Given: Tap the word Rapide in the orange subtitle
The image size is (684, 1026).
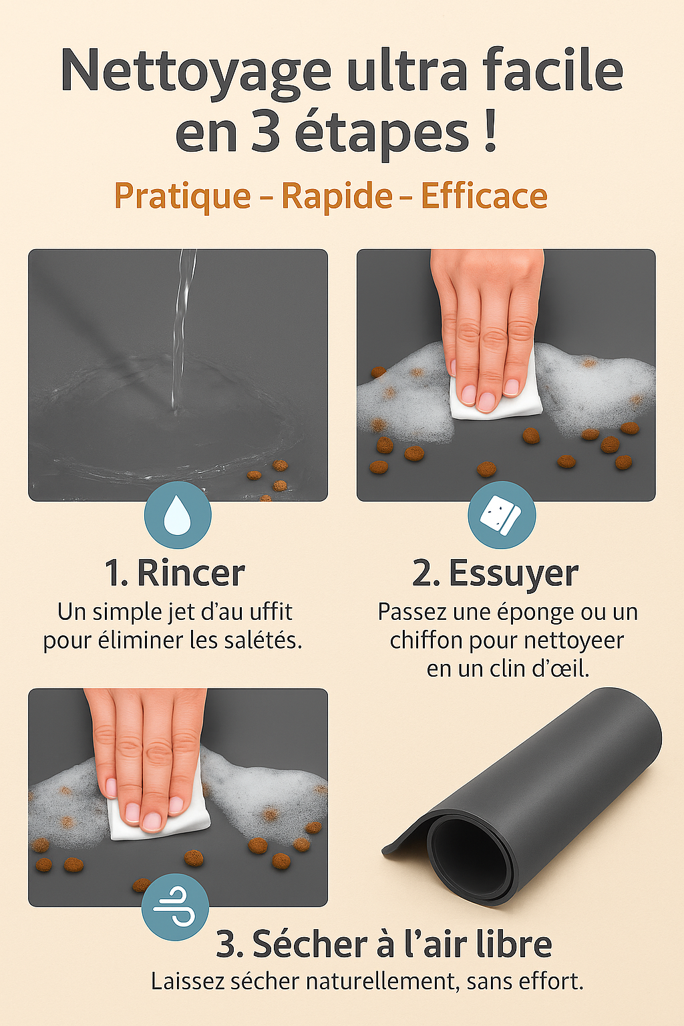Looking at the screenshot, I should (337, 196).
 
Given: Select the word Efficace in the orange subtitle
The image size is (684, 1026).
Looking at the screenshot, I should (484, 196).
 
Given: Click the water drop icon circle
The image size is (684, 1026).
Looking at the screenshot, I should (178, 515).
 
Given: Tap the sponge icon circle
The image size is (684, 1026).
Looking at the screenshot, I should (502, 515).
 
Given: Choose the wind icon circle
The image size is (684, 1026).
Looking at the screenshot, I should (175, 907).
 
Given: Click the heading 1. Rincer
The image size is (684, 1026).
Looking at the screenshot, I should (175, 573).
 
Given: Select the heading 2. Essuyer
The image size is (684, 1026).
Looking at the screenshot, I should (495, 573).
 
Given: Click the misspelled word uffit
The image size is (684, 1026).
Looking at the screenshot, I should (271, 611).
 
